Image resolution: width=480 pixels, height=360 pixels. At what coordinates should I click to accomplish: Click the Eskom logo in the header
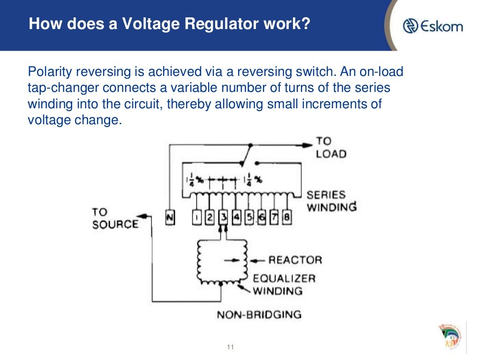click(x=433, y=25)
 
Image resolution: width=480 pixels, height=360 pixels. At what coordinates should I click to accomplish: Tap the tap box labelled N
click(x=170, y=217)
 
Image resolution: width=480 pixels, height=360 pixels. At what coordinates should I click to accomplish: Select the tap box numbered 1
click(x=197, y=217)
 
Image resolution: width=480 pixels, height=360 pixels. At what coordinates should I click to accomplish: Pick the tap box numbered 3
click(x=224, y=217)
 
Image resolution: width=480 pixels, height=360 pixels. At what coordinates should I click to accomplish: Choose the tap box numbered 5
click(x=249, y=217)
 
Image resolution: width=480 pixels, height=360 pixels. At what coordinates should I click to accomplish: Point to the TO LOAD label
click(x=330, y=147)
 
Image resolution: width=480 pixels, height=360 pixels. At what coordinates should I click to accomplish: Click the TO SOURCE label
click(x=115, y=218)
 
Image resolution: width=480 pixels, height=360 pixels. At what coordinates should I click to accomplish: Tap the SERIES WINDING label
click(x=331, y=201)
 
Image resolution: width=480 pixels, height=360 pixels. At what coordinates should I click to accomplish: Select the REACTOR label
click(x=295, y=260)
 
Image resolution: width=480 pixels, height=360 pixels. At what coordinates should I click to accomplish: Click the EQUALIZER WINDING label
click(x=284, y=285)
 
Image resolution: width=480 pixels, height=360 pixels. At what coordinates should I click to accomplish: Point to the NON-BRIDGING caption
click(x=259, y=315)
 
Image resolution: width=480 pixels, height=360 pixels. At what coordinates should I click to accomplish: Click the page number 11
click(x=230, y=347)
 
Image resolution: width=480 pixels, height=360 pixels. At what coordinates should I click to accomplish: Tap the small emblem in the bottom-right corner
click(x=451, y=337)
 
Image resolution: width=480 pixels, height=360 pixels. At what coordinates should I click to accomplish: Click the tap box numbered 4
click(x=236, y=217)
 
